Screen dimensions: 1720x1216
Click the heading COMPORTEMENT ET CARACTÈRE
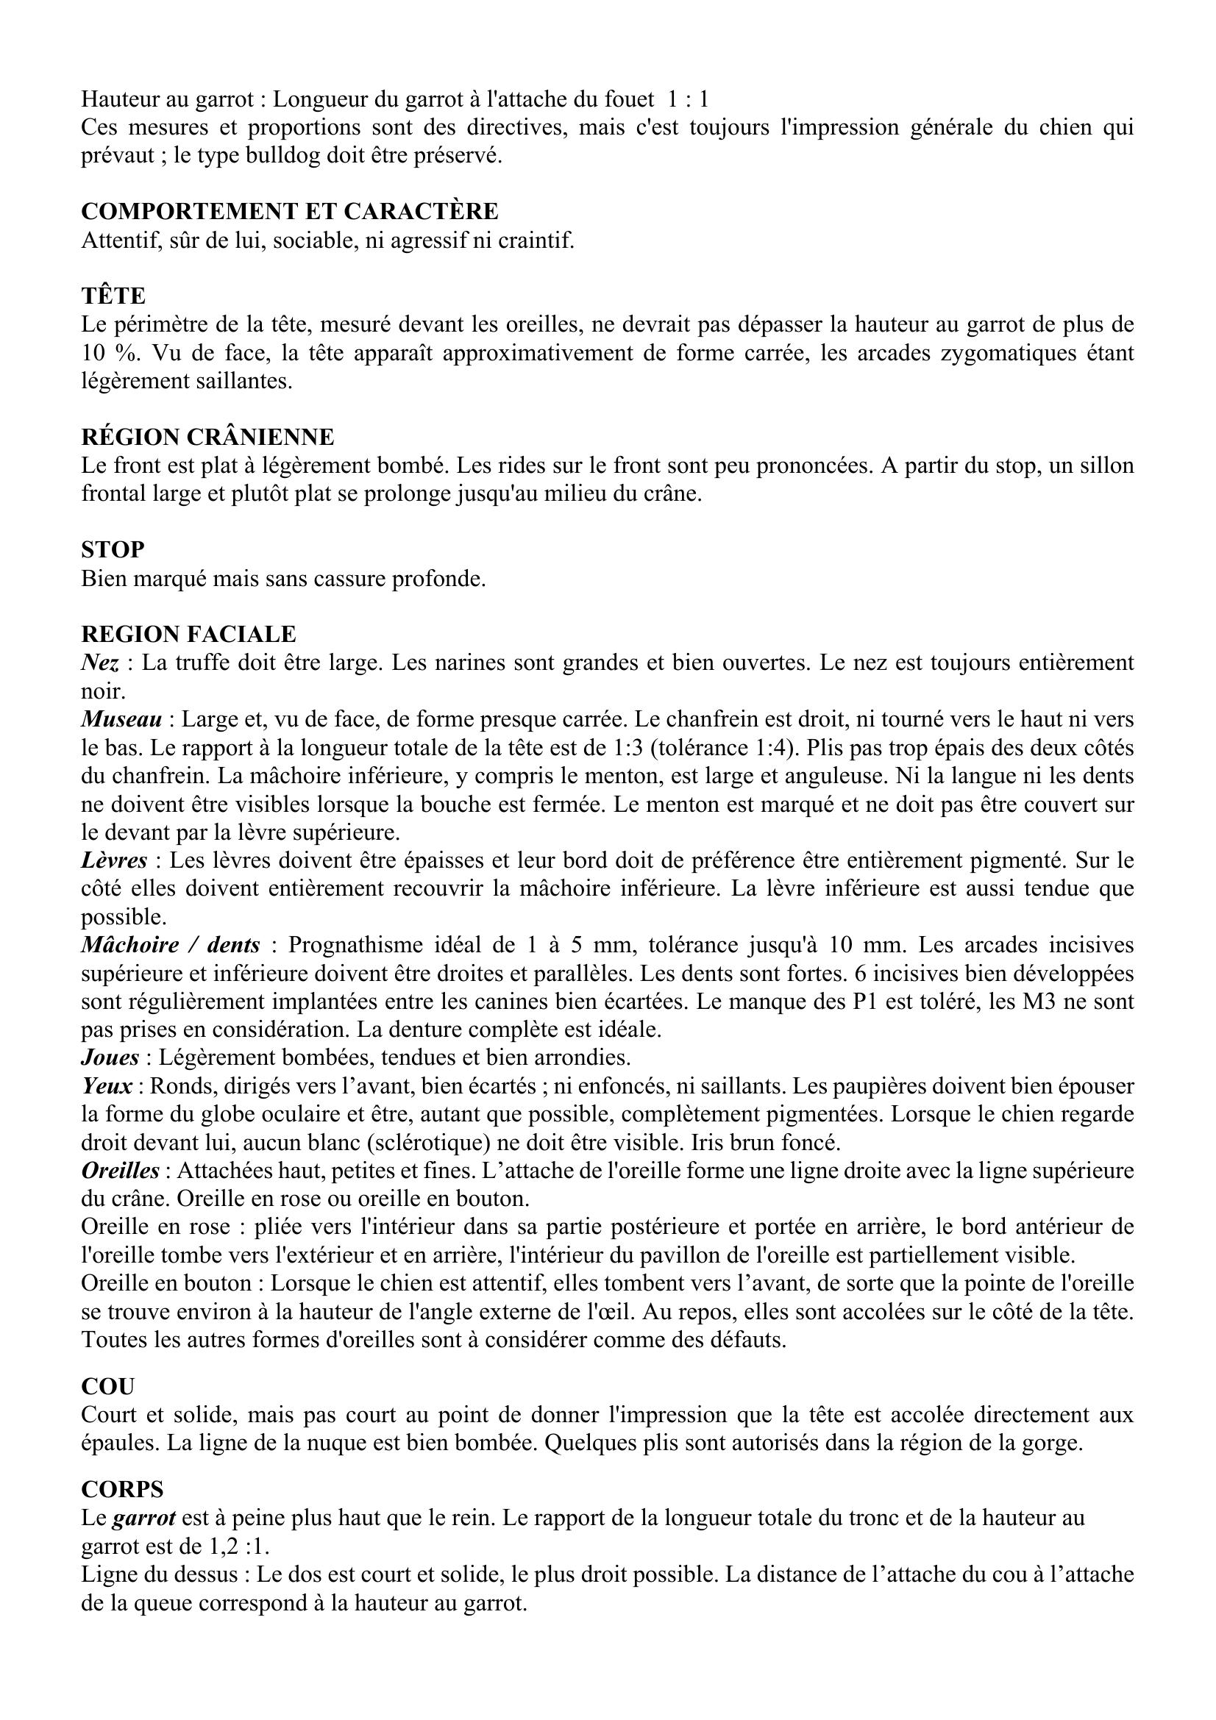pos(289,212)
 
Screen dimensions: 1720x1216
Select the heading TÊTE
pos(113,296)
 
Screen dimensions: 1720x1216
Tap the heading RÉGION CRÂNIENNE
pos(207,438)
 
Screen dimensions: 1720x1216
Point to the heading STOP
pos(113,551)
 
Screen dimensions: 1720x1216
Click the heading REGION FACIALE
pos(188,635)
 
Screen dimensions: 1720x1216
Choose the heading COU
pos(107,1387)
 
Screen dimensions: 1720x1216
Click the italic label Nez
pos(99,663)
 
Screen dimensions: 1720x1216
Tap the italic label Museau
pos(121,720)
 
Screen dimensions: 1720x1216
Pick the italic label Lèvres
pos(115,861)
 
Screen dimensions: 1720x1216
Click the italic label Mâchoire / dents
pos(170,946)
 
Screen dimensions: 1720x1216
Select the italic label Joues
pos(110,1057)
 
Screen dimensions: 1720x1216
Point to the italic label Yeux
pos(107,1086)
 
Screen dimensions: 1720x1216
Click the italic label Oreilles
pos(120,1171)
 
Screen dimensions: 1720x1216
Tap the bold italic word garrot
pos(144,1519)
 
